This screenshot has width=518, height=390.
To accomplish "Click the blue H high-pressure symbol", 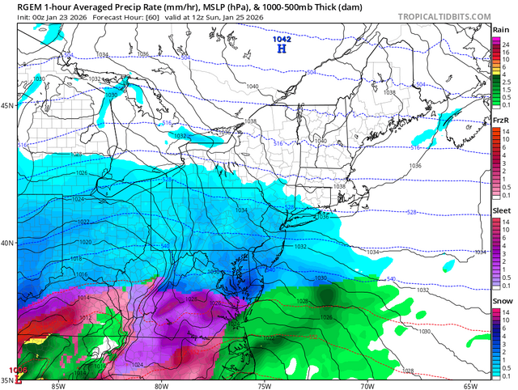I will pyautogui.click(x=282, y=49).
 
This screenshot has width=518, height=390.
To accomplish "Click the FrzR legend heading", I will pyautogui.click(x=501, y=120).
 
